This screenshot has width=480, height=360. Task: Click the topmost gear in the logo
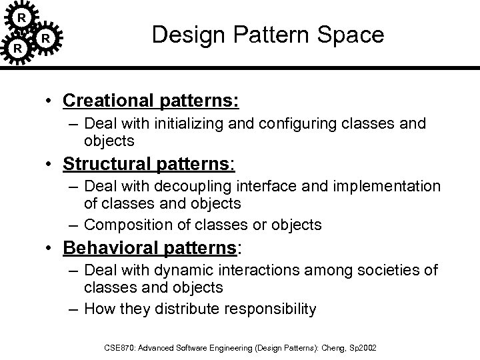[x=21, y=15]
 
